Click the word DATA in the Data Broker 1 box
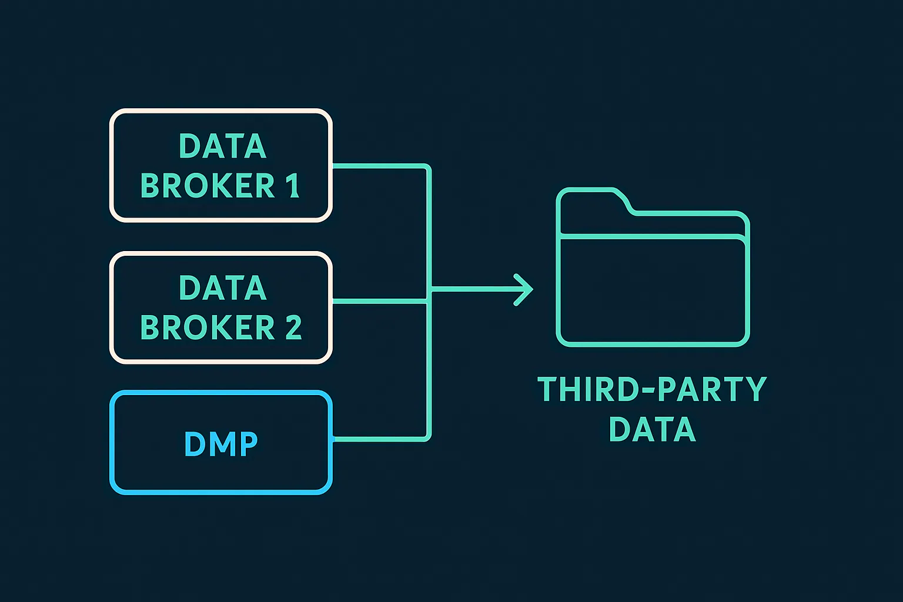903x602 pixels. [222, 146]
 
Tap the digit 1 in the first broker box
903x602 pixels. [293, 186]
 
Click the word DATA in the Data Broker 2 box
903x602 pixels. [222, 288]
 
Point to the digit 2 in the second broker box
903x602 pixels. [293, 327]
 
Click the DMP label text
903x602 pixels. [221, 444]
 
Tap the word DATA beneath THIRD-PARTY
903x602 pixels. [652, 429]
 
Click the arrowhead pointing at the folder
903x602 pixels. [525, 289]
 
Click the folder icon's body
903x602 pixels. [653, 291]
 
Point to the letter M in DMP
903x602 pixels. [221, 444]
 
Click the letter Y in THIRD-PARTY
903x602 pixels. [755, 389]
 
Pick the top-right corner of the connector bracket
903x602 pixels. [429, 168]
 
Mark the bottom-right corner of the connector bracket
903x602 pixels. [429, 437]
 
